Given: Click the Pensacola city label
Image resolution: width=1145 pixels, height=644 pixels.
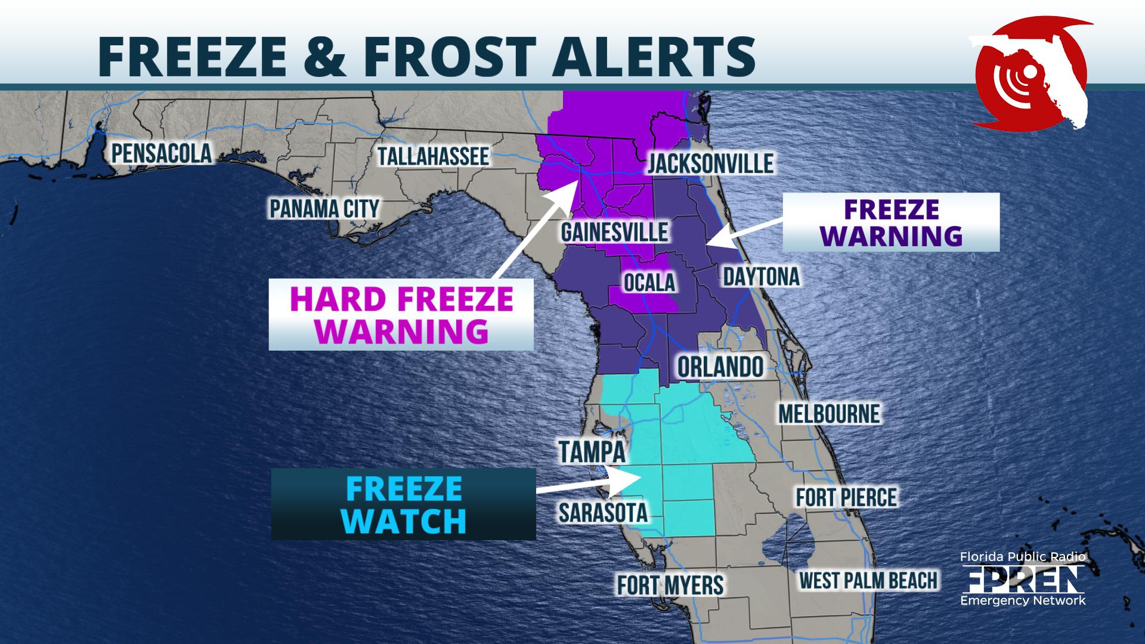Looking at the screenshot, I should [162, 153].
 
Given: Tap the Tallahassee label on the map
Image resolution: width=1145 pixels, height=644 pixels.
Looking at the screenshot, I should [434, 156].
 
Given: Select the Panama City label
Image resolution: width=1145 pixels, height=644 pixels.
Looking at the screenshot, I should [324, 209].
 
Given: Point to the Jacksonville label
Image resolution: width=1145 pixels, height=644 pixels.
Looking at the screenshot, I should [710, 163].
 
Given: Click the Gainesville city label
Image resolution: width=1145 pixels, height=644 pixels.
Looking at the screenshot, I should [614, 232].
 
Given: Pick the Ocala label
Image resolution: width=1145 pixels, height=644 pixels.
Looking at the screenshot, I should [649, 282].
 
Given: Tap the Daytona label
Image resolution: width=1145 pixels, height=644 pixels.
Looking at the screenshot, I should [761, 277].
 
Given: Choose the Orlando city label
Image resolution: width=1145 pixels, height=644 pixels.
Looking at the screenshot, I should [720, 367].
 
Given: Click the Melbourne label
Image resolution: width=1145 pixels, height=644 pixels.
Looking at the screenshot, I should [829, 413].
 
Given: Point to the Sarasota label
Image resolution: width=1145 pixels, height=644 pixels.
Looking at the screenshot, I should [602, 512].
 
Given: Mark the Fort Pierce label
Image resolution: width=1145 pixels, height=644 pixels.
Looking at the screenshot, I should [846, 497].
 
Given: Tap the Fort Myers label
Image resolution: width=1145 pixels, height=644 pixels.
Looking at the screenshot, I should [670, 585].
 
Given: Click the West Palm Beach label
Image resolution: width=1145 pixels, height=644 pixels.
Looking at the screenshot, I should [868, 580].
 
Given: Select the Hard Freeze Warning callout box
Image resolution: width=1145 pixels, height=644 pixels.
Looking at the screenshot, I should [401, 314].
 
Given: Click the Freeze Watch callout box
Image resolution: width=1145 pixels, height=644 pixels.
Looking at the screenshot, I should [404, 504].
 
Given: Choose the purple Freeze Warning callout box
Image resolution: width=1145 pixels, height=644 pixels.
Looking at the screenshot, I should [891, 222].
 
